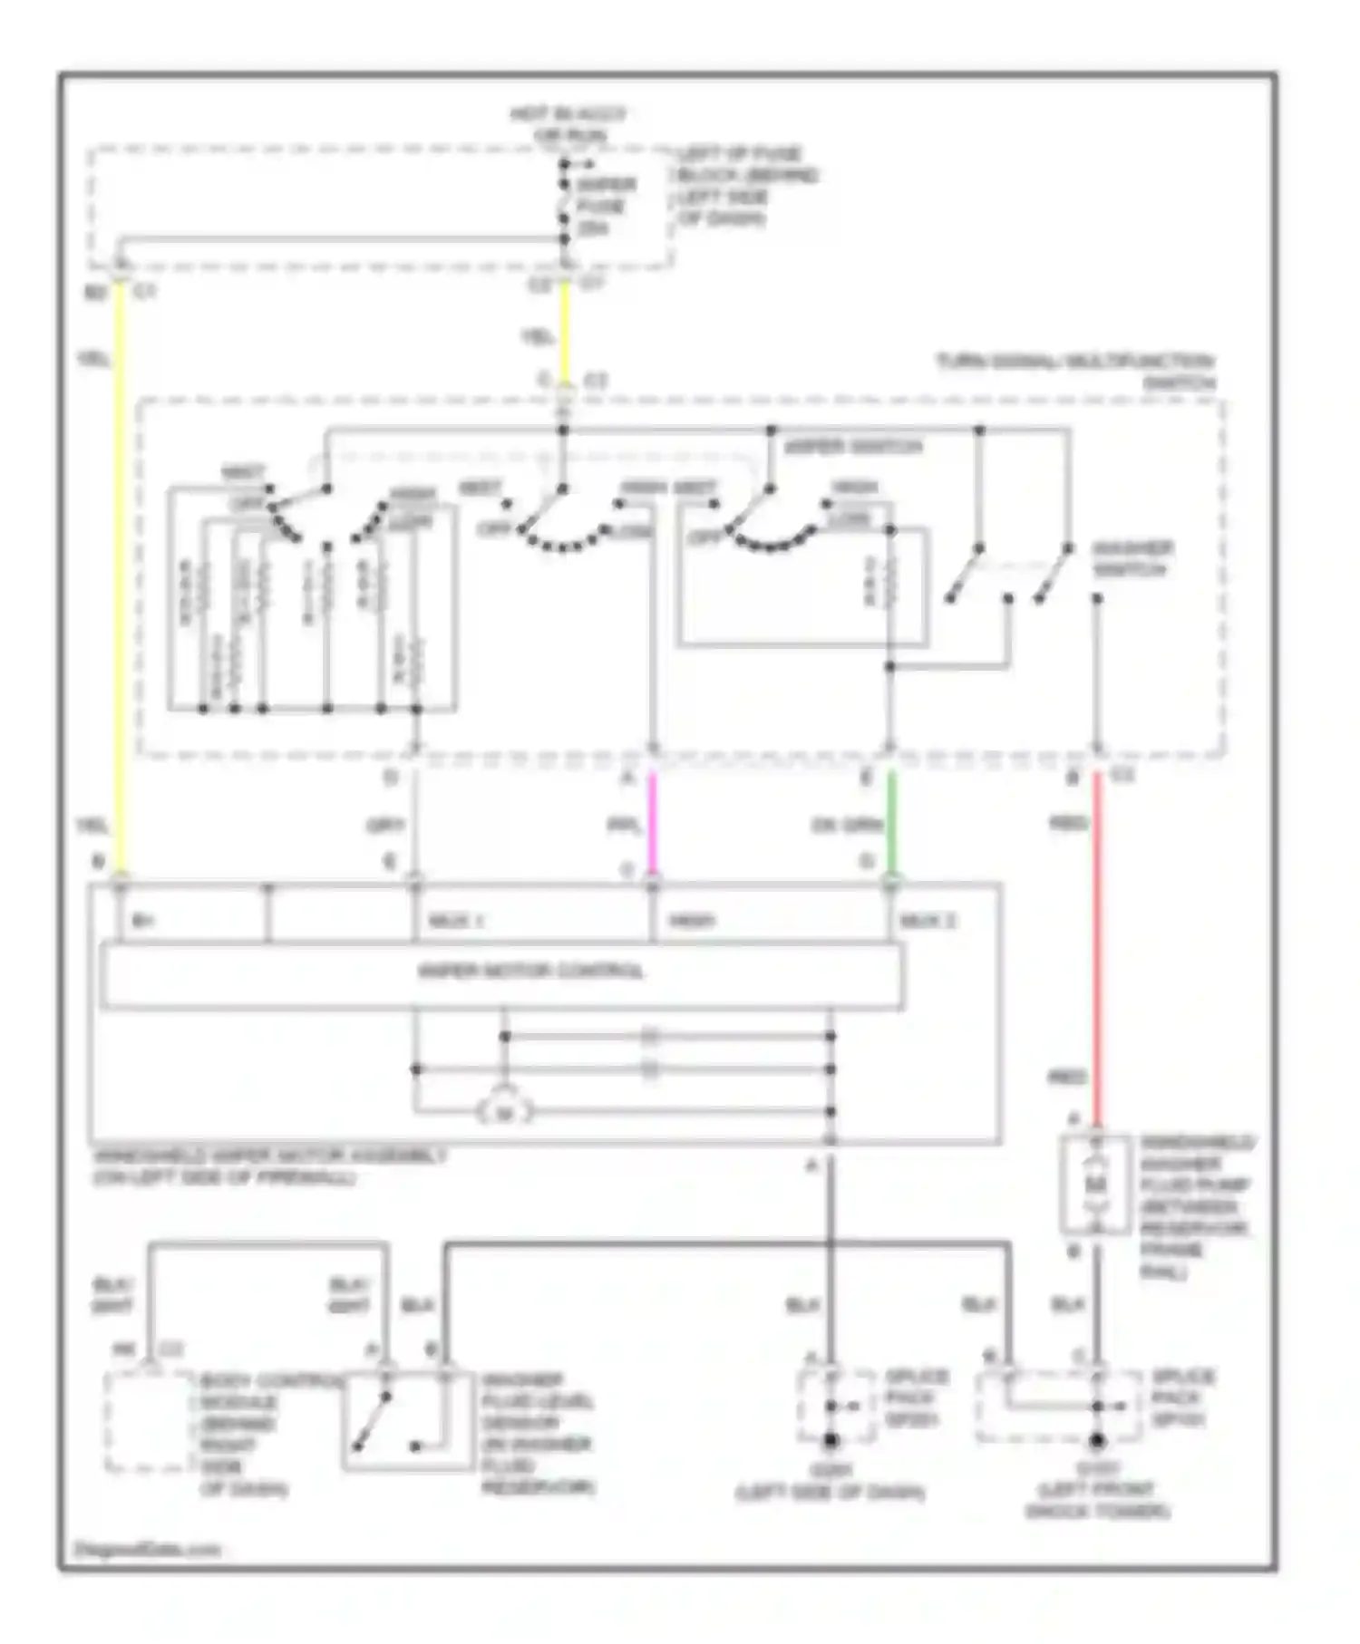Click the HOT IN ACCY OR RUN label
tap(567, 125)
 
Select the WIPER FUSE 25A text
tap(605, 206)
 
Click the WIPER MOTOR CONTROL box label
tap(530, 972)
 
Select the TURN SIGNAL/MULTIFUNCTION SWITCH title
tap(1077, 372)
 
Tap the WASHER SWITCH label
tap(1132, 559)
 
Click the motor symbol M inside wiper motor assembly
tap(505, 1112)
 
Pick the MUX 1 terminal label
tap(455, 921)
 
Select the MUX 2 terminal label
tap(928, 921)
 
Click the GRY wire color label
tap(384, 826)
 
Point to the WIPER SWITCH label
tap(852, 447)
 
